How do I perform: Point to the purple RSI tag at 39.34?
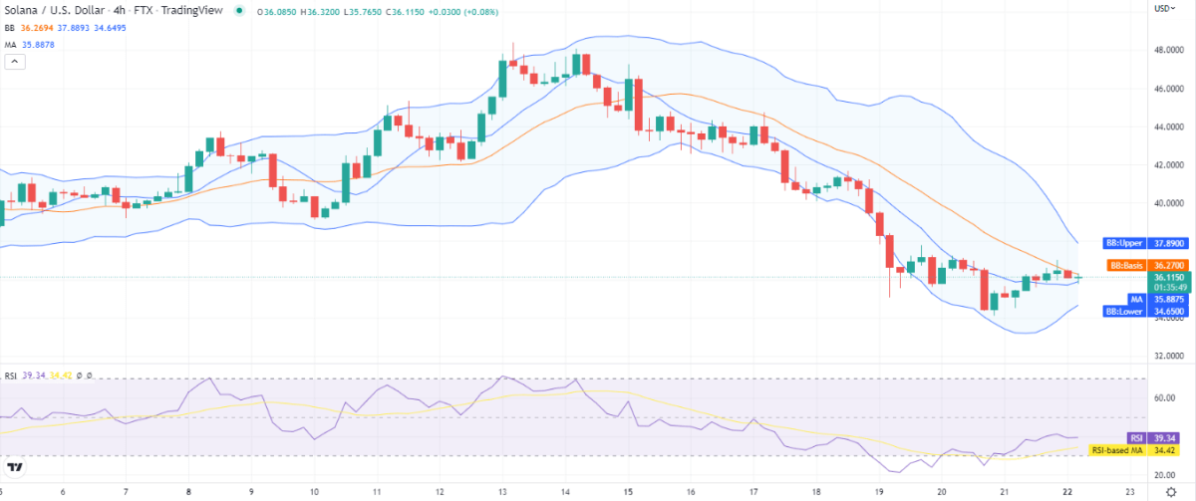pos(1135,437)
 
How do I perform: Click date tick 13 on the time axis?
pos(502,491)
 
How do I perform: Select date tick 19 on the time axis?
pos(878,491)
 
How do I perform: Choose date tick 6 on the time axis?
pos(63,491)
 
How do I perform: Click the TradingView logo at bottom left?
pos(16,468)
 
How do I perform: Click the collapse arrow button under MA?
pos(15,61)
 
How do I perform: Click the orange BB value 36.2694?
pos(42,28)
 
